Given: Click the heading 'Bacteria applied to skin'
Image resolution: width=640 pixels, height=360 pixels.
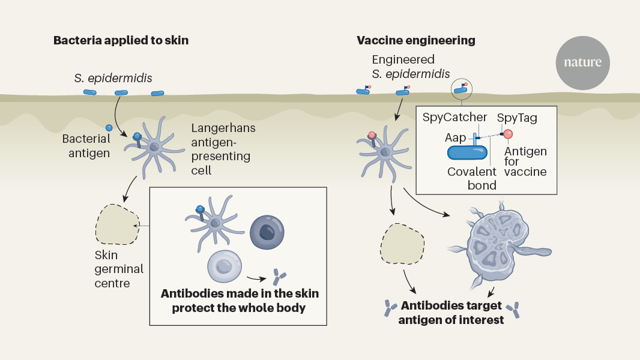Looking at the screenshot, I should coord(121,41).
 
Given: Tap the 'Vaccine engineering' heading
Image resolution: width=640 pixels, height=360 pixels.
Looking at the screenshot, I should coord(415,41).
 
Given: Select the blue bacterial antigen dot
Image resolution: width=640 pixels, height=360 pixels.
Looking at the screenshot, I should coord(109,128).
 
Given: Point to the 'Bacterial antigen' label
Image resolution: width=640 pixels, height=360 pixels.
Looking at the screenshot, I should coord(86,146).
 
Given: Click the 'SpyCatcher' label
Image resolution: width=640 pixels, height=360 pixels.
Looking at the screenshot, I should coord(454,118).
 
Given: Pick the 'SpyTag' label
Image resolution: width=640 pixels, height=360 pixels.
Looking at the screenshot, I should coord(517,118).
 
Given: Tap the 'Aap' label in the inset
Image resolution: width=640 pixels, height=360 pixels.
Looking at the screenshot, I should coord(454,138).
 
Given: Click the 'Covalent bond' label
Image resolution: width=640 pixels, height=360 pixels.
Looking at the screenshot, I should coord(472,178).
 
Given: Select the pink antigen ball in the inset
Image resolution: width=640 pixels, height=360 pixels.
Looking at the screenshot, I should coord(508,134).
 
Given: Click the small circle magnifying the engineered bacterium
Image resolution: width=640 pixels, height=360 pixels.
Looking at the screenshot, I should coord(462,89).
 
